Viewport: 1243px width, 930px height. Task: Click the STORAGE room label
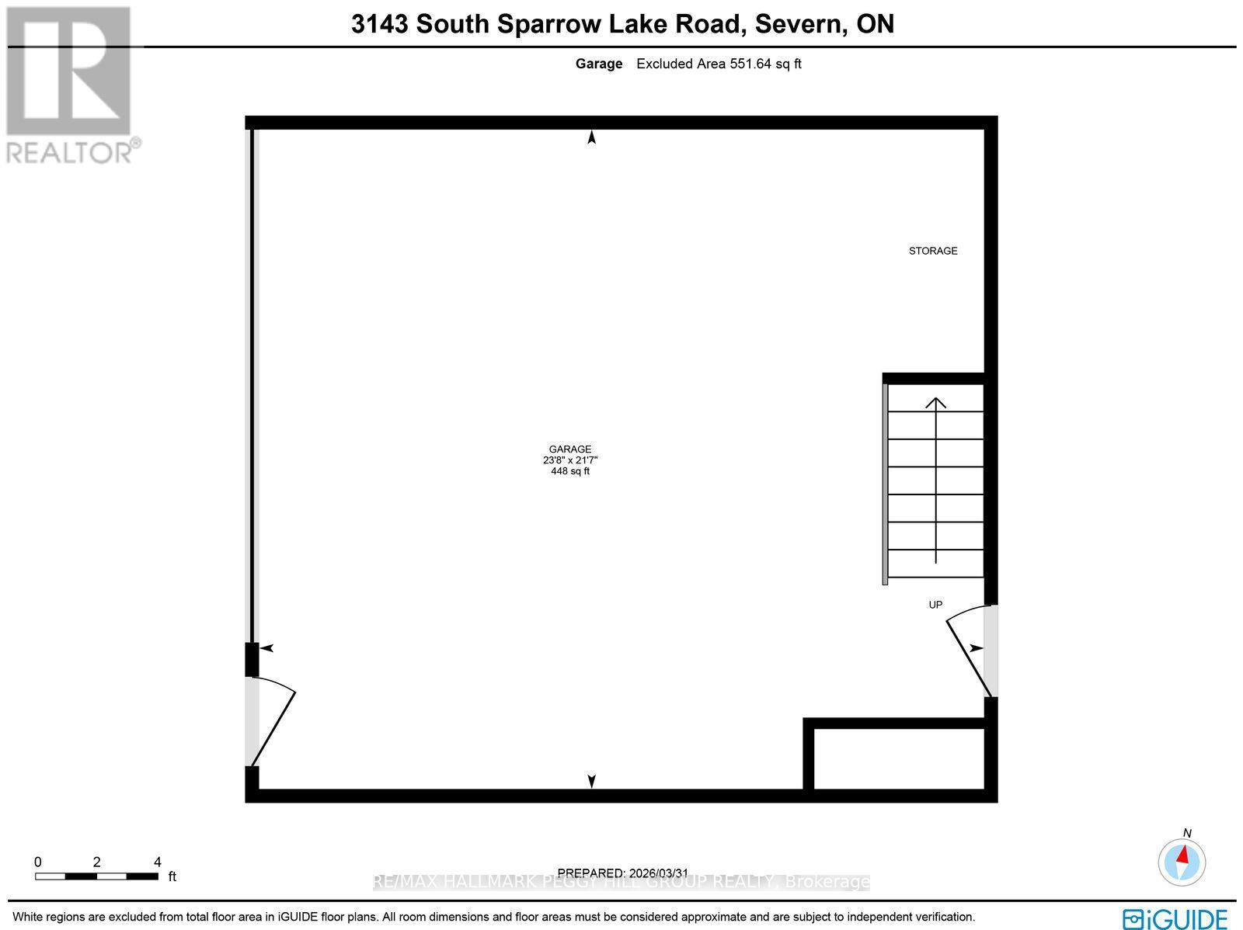[933, 251]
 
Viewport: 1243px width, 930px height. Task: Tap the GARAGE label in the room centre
[570, 449]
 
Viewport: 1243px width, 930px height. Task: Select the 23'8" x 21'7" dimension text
[570, 460]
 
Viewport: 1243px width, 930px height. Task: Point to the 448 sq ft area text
[570, 471]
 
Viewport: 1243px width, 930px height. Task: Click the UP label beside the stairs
[935, 604]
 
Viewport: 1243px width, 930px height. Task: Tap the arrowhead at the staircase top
[936, 402]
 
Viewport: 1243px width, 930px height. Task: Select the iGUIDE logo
[1176, 918]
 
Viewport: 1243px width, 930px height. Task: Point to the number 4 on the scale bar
[158, 862]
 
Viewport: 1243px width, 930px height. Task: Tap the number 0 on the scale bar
[37, 862]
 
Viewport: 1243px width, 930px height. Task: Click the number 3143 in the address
[380, 24]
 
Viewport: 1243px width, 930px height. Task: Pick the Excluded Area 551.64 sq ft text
[719, 64]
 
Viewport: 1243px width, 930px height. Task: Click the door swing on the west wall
[272, 722]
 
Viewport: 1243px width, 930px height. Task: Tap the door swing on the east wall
[967, 648]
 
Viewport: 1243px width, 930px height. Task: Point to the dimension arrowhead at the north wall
[592, 138]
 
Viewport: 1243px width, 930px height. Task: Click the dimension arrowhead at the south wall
[592, 781]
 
